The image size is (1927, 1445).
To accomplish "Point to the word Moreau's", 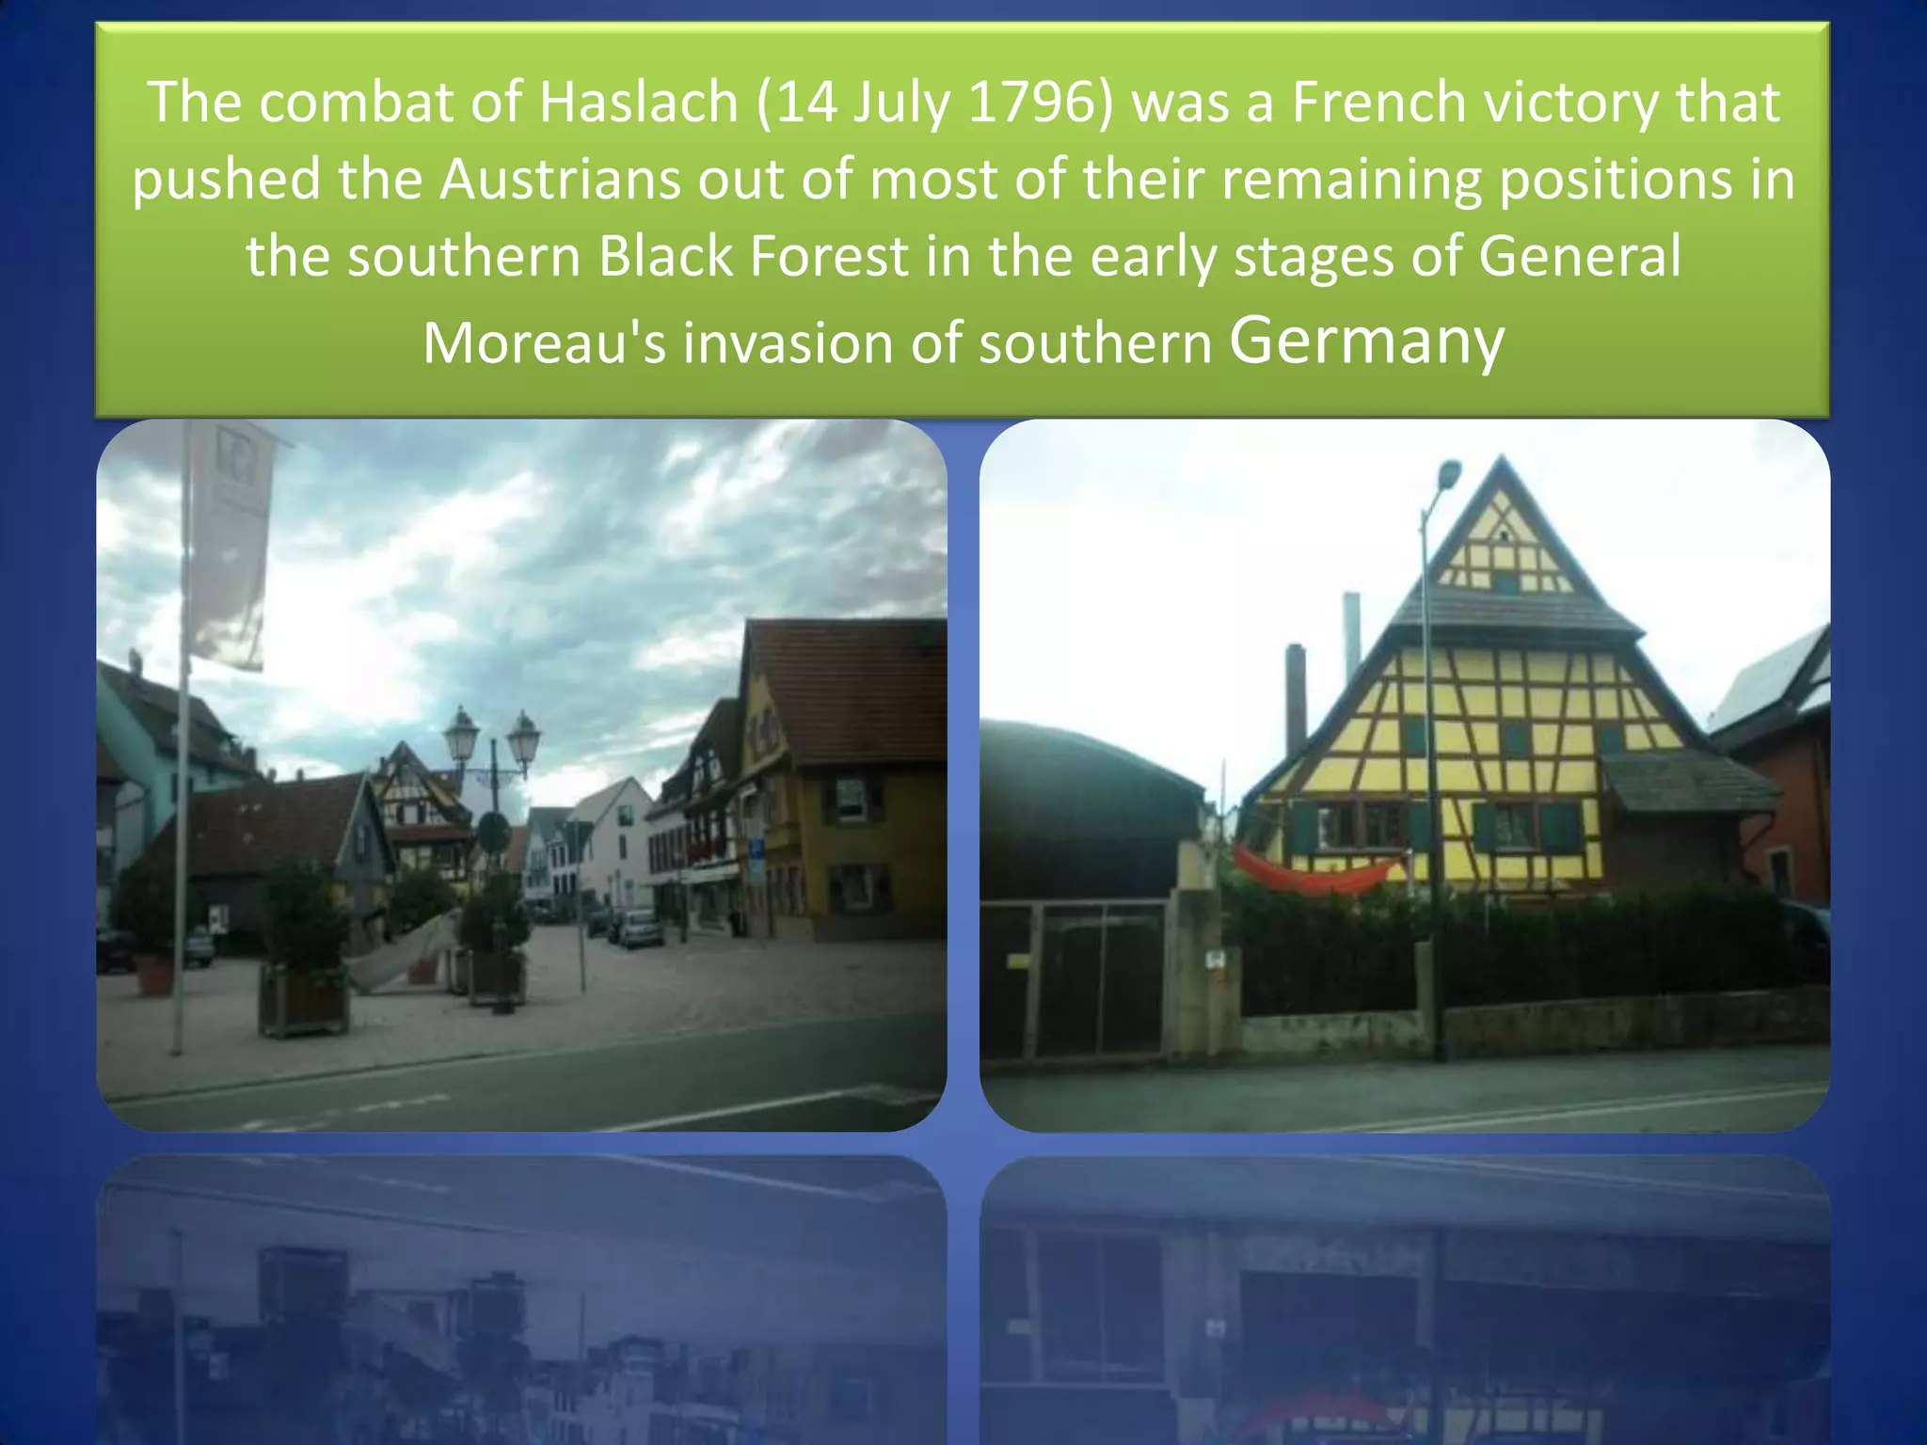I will [x=544, y=342].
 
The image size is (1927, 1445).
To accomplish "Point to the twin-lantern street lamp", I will [x=493, y=743].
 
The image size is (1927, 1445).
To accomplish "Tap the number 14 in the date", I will [x=806, y=102].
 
